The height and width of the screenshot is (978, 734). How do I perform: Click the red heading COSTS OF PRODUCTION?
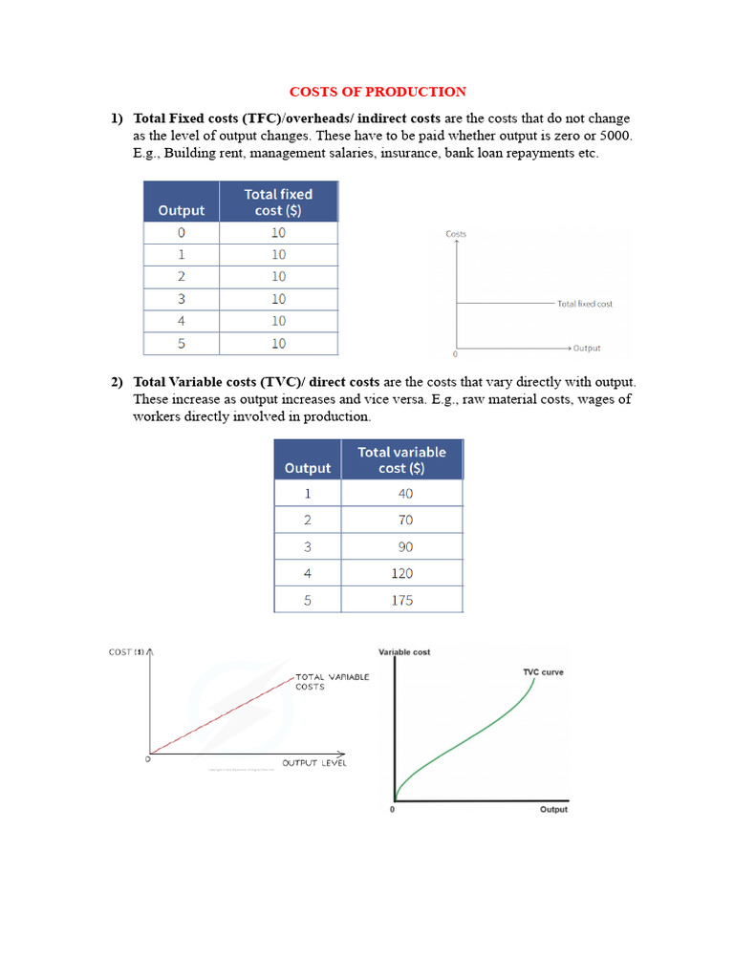(378, 92)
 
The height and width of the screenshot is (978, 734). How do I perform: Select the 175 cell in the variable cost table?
(401, 601)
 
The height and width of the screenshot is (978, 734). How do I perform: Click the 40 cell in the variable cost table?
(401, 494)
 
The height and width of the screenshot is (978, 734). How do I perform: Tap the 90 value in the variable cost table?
(401, 547)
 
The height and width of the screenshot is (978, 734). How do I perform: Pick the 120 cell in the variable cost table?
(401, 574)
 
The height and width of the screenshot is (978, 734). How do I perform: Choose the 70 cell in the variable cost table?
(401, 521)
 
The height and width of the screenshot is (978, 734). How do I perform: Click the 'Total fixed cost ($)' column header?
(278, 202)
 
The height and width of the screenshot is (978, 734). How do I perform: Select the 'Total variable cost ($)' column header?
(401, 459)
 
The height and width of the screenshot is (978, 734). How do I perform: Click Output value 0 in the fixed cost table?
(182, 233)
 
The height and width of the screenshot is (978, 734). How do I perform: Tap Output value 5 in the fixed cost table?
(182, 344)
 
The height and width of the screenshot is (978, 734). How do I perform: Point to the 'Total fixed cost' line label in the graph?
(584, 304)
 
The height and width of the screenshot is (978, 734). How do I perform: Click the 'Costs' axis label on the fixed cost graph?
(456, 234)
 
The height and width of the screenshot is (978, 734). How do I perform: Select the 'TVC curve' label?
(542, 672)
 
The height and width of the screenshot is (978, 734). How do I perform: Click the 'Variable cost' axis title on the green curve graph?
(404, 652)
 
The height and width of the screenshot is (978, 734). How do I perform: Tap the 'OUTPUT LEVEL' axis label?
(314, 762)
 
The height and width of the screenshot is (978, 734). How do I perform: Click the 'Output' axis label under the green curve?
(553, 810)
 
